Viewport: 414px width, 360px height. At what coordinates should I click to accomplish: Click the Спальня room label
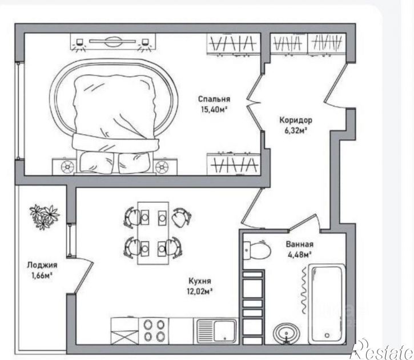214,99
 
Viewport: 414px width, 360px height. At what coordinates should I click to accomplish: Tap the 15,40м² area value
214,109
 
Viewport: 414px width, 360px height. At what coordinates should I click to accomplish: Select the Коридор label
296,120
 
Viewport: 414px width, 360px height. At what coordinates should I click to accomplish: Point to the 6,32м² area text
296,130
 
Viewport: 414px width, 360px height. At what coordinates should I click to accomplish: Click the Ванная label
300,245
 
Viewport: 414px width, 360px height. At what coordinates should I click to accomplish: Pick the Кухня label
200,281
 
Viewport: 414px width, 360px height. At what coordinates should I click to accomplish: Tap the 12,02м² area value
200,291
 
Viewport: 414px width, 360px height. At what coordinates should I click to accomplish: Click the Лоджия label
42,265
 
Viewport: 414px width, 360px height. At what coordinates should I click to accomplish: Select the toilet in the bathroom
257,250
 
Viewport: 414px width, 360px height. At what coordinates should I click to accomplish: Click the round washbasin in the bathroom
287,334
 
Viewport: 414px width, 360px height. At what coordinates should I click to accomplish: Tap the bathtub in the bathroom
327,304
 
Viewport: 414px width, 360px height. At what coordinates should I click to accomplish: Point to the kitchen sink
216,331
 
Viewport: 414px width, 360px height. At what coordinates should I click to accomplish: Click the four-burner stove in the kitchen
154,331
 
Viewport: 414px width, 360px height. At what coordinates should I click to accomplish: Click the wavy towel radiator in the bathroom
304,290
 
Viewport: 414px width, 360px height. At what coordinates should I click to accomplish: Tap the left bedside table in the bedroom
65,166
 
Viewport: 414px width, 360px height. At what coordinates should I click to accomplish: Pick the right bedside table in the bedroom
164,166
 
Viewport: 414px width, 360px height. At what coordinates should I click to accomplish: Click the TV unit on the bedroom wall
113,42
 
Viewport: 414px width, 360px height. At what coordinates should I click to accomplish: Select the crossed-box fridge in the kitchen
124,331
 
